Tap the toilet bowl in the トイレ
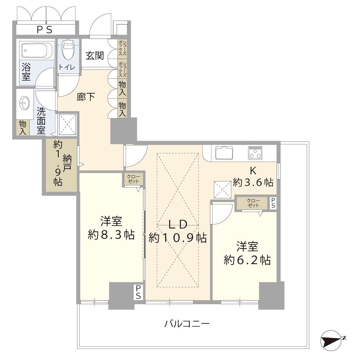tap(68, 50)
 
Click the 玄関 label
tap(95, 56)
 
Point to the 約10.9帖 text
tap(177, 238)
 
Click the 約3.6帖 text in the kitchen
tap(253, 182)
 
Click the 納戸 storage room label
tap(67, 165)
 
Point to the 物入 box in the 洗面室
tap(23, 128)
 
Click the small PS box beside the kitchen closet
tap(274, 203)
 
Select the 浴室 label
tap(26, 72)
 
